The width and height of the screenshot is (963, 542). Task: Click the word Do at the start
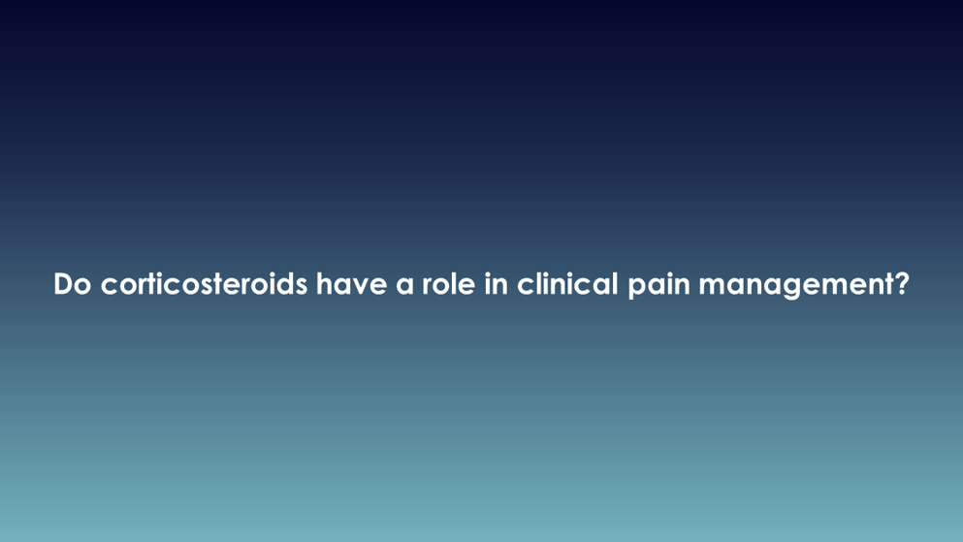pyautogui.click(x=73, y=284)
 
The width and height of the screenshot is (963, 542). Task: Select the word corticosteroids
pyautogui.click(x=204, y=283)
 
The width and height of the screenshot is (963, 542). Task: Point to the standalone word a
pyautogui.click(x=404, y=286)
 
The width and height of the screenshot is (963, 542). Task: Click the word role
pyautogui.click(x=448, y=283)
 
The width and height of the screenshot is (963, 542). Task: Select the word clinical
pyautogui.click(x=567, y=283)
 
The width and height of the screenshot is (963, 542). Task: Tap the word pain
pyautogui.click(x=658, y=285)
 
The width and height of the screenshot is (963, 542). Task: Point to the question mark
pyautogui.click(x=901, y=283)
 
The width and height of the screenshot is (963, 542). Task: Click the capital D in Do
pyautogui.click(x=64, y=284)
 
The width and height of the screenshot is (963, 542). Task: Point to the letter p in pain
pyautogui.click(x=637, y=289)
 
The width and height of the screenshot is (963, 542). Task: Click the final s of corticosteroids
pyautogui.click(x=302, y=287)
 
